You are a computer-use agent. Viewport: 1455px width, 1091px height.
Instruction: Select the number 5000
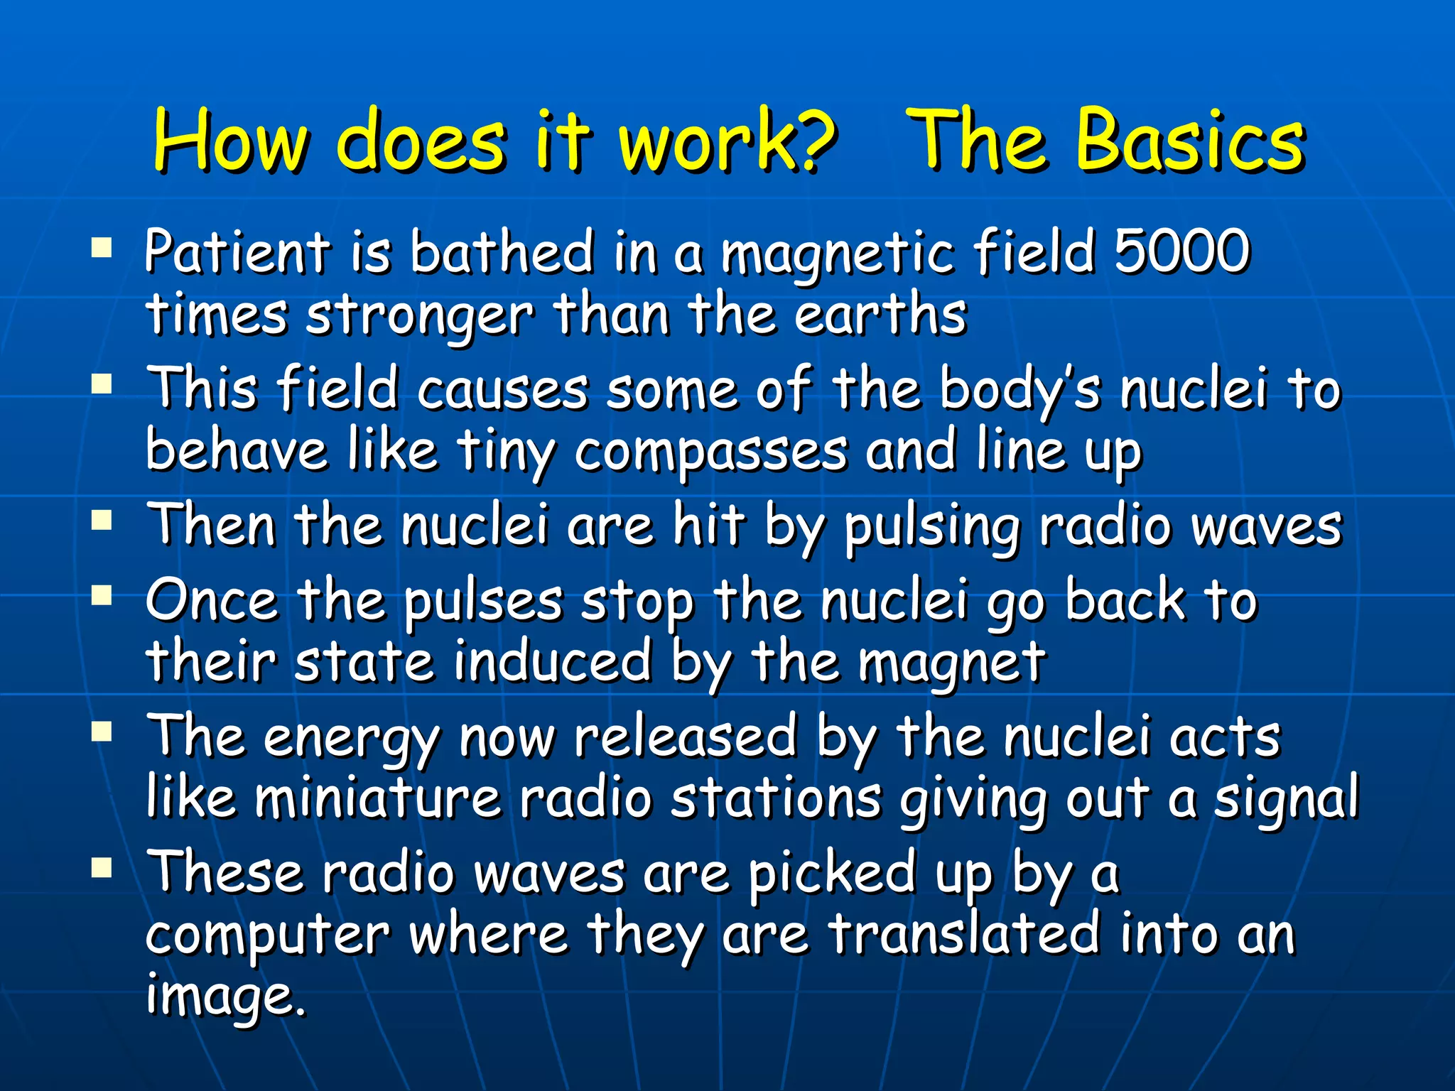(x=1181, y=251)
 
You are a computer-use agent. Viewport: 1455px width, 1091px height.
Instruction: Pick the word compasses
(x=710, y=452)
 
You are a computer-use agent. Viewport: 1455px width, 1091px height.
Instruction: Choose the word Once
(x=212, y=601)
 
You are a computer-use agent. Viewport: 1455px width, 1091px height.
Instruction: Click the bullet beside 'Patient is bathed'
(x=102, y=248)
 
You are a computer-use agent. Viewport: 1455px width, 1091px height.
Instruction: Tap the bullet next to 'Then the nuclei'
(x=102, y=522)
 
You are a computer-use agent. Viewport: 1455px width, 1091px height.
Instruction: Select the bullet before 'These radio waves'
(x=102, y=867)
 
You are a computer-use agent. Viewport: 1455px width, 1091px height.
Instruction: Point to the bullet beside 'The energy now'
(x=102, y=731)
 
